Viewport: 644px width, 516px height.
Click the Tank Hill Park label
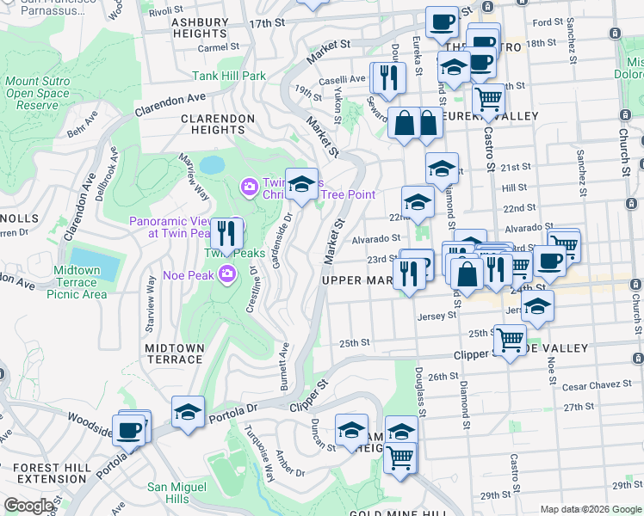coord(229,76)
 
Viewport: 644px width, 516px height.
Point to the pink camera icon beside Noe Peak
coord(227,274)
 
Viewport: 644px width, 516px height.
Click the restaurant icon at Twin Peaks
coord(226,233)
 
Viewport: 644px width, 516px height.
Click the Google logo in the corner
coord(28,506)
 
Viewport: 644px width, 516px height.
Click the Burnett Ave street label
coord(283,367)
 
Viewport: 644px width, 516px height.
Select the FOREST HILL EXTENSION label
coord(50,474)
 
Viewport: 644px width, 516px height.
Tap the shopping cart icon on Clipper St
coord(510,339)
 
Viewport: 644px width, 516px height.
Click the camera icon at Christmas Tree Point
coord(250,186)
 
